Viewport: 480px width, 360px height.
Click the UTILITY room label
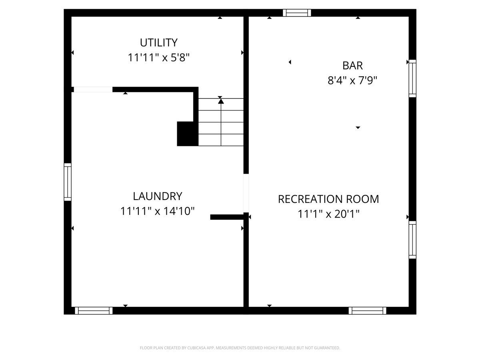[x=158, y=42]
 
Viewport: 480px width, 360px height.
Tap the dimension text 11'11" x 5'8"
[x=158, y=58]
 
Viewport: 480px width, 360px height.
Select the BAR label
[x=352, y=65]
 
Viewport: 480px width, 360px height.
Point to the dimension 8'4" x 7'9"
[x=352, y=80]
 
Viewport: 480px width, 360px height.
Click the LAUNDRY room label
[x=157, y=196]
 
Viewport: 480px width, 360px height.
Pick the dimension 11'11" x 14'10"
[x=157, y=211]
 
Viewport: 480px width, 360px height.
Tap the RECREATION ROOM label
[x=328, y=199]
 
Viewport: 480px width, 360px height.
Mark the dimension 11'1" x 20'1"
[x=328, y=214]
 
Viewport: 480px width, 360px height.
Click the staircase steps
[x=221, y=122]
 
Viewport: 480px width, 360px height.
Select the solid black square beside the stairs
[x=188, y=134]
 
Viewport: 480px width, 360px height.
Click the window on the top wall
[x=297, y=13]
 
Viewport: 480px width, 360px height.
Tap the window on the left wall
[x=68, y=182]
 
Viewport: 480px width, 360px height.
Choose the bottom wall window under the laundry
[x=94, y=310]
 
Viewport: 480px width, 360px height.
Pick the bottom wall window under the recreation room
[x=367, y=310]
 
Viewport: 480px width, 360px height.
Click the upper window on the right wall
[x=412, y=78]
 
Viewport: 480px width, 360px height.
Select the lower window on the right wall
[x=412, y=240]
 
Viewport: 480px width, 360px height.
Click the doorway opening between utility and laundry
[x=93, y=90]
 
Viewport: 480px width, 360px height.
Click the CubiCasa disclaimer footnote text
[x=240, y=348]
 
